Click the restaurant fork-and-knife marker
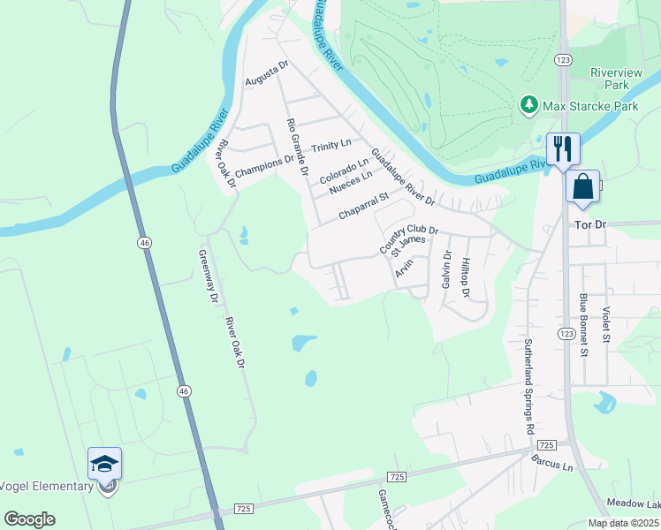click(563, 148)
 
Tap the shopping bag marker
click(582, 186)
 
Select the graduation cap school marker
click(104, 464)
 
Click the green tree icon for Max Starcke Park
click(529, 106)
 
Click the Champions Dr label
click(264, 162)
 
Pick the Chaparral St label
click(364, 208)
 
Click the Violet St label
click(606, 324)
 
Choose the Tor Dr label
click(589, 225)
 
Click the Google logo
click(29, 519)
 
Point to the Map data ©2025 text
click(623, 523)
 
